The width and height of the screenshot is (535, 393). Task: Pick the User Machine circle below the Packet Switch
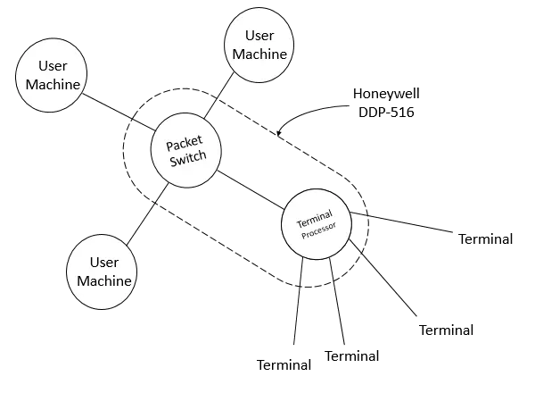pos(103,271)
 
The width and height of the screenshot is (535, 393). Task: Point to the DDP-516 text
pos(384,113)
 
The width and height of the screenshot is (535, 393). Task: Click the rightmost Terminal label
pos(485,240)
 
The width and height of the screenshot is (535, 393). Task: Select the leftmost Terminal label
pos(284,365)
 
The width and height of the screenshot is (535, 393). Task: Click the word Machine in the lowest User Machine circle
pos(103,280)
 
